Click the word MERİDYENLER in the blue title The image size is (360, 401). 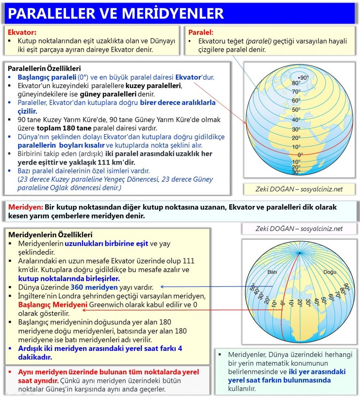[x=174, y=13]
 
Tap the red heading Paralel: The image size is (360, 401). [x=201, y=33]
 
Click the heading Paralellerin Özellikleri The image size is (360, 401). [x=44, y=69]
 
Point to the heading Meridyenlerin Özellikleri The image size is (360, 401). [x=50, y=235]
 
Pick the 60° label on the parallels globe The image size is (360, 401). [x=296, y=101]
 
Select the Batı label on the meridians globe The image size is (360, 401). [x=272, y=272]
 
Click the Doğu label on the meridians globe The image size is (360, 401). [x=329, y=272]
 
